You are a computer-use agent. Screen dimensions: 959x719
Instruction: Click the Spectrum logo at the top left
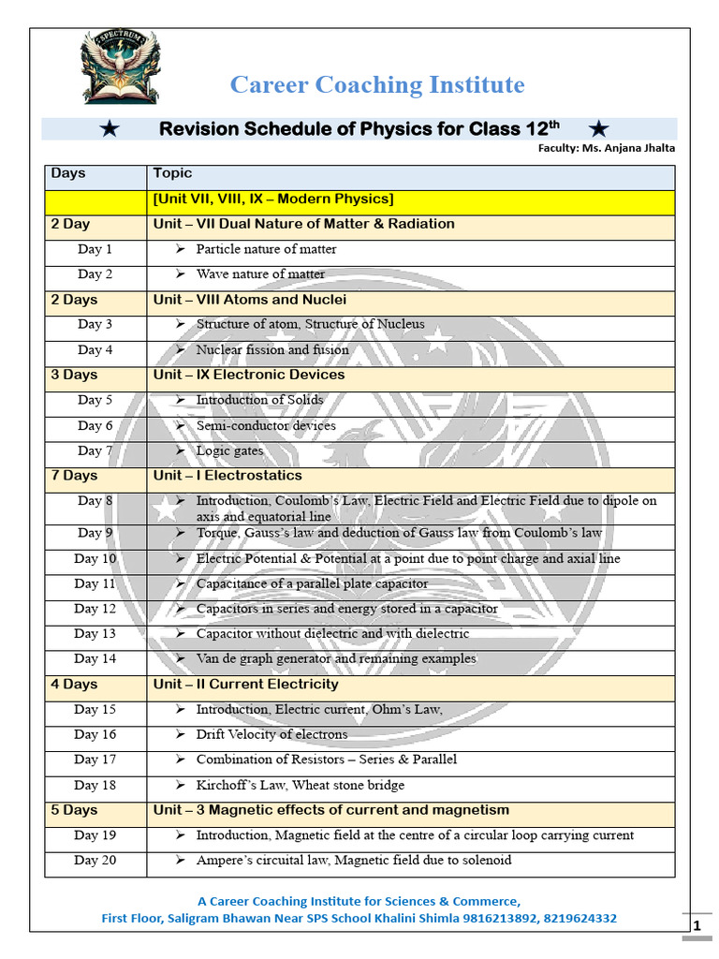pos(120,66)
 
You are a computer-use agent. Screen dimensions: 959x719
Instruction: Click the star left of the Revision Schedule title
pos(110,129)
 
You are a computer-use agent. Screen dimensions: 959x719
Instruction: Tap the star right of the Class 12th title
pos(600,128)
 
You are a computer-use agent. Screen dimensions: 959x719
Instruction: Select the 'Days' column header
pos(68,173)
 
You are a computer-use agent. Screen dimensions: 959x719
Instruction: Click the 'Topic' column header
pos(172,173)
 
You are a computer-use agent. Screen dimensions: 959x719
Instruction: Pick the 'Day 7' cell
pos(95,450)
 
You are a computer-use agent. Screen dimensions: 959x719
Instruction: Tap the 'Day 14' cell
pos(95,658)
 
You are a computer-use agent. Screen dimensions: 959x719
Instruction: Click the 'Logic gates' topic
pos(229,450)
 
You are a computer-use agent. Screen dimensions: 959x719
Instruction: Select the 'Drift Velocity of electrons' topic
pos(271,734)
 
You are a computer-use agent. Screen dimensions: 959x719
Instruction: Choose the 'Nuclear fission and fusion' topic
pos(272,349)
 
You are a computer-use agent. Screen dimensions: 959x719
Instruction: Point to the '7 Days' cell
pos(74,476)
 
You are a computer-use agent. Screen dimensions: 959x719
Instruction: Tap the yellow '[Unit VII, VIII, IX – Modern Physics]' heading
pos(272,199)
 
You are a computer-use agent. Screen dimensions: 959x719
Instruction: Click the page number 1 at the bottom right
pos(696,926)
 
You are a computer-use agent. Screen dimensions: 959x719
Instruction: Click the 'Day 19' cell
pos(95,834)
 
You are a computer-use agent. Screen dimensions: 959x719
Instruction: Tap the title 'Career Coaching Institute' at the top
pos(377,85)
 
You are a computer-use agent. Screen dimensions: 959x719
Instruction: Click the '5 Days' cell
pos(74,810)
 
